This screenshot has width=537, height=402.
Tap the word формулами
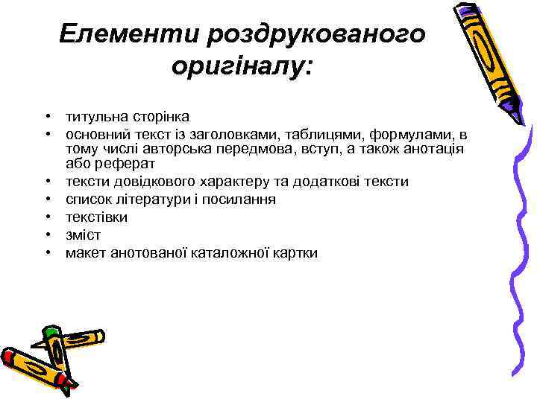[x=417, y=135]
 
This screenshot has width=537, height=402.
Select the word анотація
[x=434, y=149]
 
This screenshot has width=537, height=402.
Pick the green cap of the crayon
[x=51, y=331]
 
